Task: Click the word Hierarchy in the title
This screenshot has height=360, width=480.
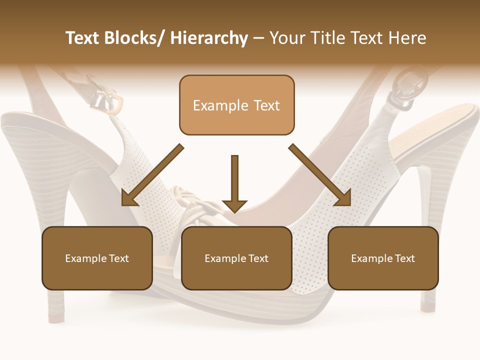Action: click(x=209, y=38)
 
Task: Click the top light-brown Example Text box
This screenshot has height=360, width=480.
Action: click(x=236, y=105)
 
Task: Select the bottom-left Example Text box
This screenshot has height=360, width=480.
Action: click(x=97, y=258)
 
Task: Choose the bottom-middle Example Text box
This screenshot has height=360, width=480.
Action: click(x=236, y=258)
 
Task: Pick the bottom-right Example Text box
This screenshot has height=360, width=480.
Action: click(x=383, y=258)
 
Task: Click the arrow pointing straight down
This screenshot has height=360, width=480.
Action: click(x=234, y=183)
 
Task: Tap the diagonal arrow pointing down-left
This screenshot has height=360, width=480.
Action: click(x=152, y=175)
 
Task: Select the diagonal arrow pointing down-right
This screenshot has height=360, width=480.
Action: click(x=320, y=175)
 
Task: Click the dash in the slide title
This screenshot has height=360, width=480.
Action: click(x=258, y=38)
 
